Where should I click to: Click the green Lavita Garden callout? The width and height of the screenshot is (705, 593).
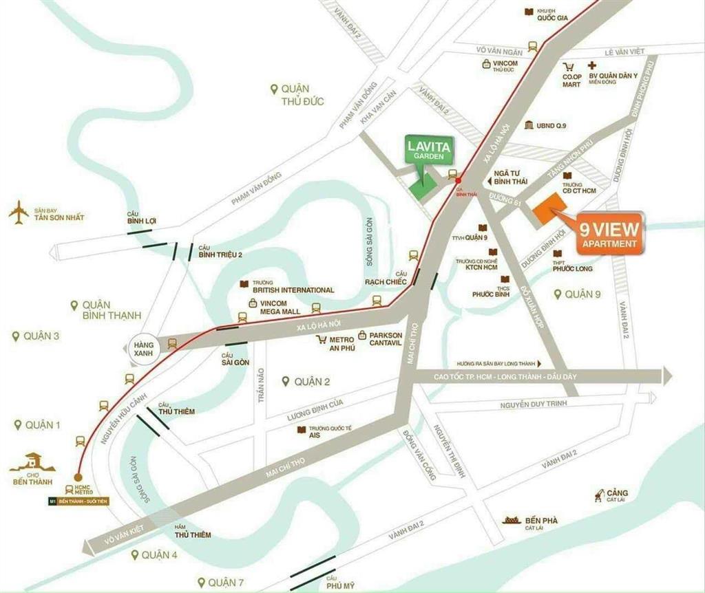[x=425, y=151]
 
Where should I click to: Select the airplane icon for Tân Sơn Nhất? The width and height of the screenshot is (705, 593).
[x=19, y=213]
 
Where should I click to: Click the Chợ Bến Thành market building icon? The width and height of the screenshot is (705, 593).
[x=32, y=463]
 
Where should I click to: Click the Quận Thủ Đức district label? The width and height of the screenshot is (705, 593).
[x=297, y=95]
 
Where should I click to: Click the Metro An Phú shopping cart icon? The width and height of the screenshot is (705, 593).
[x=321, y=340]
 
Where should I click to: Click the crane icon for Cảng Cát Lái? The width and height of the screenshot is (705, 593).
[x=600, y=495]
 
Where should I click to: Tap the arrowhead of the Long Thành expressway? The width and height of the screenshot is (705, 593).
[x=665, y=376]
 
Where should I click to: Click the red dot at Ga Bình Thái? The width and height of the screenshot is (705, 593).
[x=459, y=180]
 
